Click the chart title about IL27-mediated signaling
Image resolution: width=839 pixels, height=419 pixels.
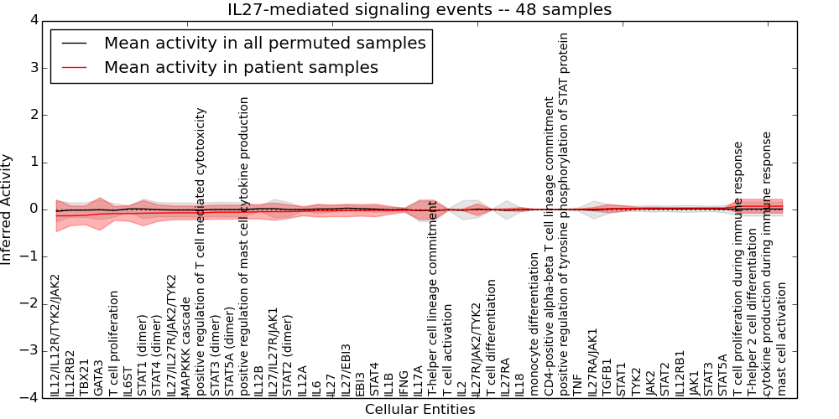pos(419,9)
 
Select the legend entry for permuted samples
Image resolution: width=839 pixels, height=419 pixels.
pos(264,43)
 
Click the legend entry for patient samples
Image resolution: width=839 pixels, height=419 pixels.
pos(241,67)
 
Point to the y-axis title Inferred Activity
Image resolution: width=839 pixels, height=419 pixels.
pos(8,209)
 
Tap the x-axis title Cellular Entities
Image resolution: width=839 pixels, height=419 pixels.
pos(419,410)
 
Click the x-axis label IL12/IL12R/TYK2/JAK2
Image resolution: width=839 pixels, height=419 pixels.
pos(55,335)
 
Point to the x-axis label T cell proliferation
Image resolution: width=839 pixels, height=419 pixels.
pos(114,344)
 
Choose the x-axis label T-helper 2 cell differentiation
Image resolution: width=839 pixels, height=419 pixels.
pos(753,313)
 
